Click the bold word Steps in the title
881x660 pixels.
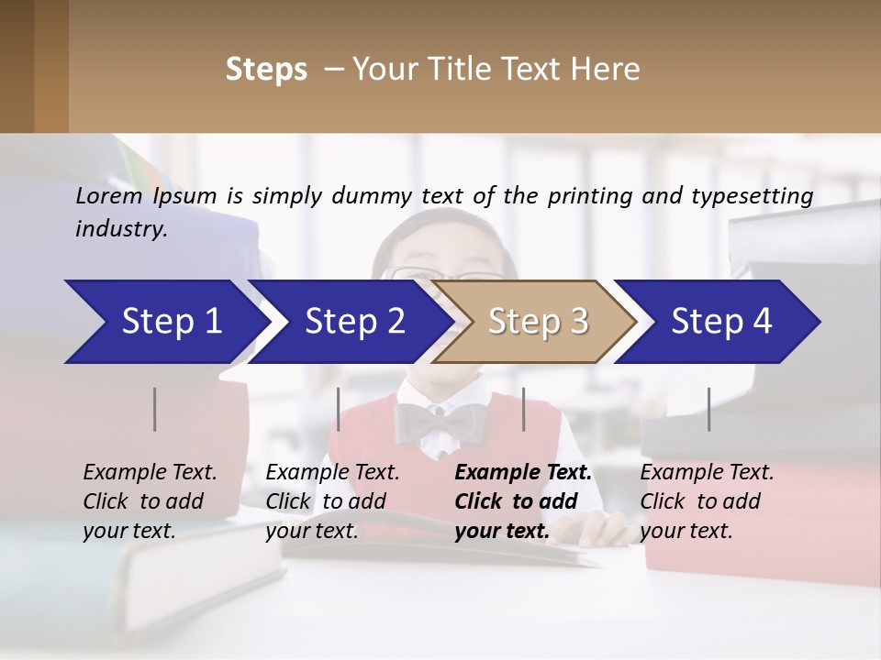point(266,70)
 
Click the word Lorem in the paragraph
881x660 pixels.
point(109,196)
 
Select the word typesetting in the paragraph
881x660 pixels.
point(759,196)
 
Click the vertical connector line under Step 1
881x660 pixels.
point(155,409)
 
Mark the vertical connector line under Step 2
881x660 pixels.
point(339,409)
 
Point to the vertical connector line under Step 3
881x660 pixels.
point(524,409)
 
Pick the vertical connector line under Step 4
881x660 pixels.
point(709,409)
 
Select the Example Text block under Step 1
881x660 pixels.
point(150,501)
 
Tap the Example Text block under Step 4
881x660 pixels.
point(707,501)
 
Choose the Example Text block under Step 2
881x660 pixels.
point(332,501)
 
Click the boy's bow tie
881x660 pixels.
point(440,423)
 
